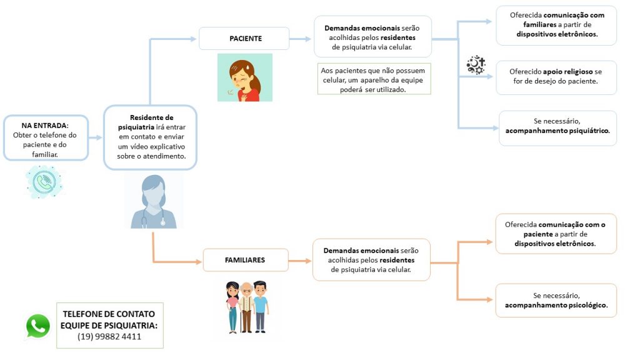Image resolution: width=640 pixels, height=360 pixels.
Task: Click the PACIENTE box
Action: tap(244, 38)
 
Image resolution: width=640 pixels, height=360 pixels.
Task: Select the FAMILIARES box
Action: tap(245, 260)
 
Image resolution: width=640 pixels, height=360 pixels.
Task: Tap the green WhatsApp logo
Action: tap(38, 326)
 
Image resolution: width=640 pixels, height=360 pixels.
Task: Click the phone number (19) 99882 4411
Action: tap(109, 337)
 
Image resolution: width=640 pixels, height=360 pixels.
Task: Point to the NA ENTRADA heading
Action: tap(45, 125)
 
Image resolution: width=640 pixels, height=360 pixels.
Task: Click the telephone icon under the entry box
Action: tap(44, 182)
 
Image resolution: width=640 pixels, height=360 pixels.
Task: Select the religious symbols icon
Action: tap(476, 64)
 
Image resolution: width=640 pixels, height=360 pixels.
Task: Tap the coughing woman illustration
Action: tap(245, 77)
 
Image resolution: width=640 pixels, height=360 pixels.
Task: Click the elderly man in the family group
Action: tap(246, 307)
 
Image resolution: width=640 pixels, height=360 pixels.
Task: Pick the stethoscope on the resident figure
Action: tap(154, 218)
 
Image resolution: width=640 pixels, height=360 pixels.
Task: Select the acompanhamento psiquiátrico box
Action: tap(557, 128)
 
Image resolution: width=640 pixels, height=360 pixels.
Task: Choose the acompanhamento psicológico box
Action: tap(556, 301)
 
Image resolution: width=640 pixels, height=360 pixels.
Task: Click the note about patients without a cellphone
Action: tap(374, 79)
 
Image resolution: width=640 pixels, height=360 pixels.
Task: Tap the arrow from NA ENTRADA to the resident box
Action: tap(95, 137)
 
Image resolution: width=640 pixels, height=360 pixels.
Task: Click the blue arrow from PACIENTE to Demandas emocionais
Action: tap(300, 39)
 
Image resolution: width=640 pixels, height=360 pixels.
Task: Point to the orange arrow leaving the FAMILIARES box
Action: tap(299, 261)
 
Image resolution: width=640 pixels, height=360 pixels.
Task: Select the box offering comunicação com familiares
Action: tap(556, 25)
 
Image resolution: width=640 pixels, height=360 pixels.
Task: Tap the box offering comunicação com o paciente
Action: tap(556, 234)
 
